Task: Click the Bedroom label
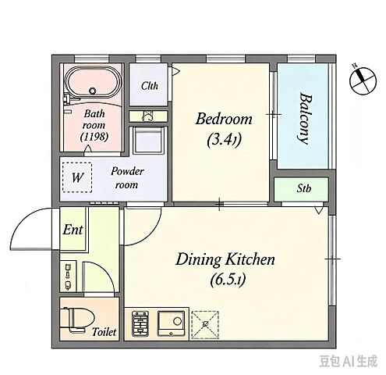point(224,120)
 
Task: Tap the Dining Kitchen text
point(225,259)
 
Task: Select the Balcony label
point(305,118)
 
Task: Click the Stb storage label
point(304,188)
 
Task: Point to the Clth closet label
point(150,86)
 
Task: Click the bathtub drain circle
point(92,91)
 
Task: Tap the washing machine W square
point(77,177)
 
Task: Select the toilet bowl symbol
point(77,320)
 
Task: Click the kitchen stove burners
point(140,324)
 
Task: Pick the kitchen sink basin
point(171,323)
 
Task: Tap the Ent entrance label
point(73,230)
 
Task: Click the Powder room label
point(127,177)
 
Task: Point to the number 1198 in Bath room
point(94,137)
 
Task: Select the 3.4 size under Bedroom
point(224,140)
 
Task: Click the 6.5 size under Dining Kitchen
point(228,280)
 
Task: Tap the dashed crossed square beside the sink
point(205,325)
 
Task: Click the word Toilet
point(104,332)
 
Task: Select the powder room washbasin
point(148,140)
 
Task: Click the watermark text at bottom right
point(349,362)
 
